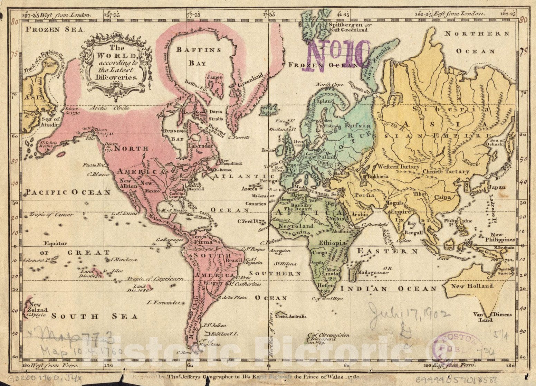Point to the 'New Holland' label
(x=472, y=286)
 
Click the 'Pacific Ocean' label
(x=68, y=192)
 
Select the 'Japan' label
(x=497, y=187)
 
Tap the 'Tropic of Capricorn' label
(x=154, y=279)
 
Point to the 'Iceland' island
(x=270, y=112)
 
